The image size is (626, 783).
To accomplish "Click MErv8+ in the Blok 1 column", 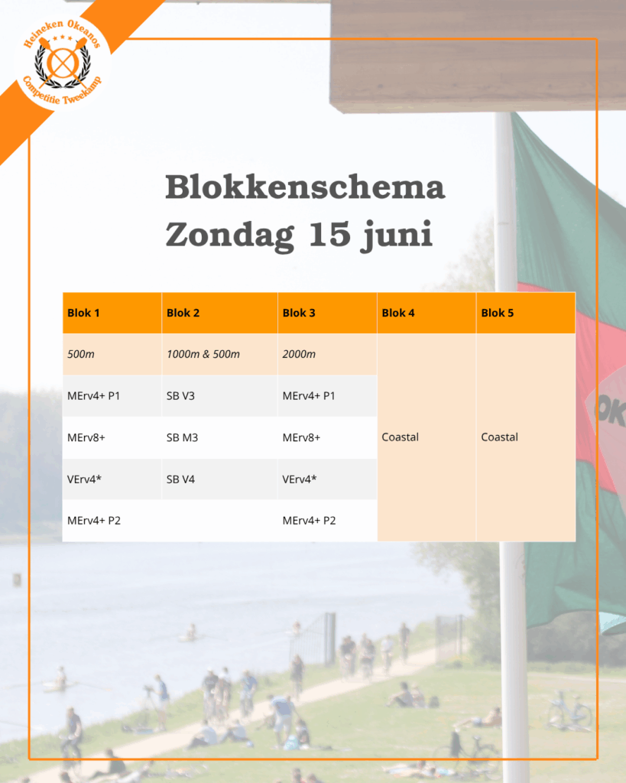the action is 86,438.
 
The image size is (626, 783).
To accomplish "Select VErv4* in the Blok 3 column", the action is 300,479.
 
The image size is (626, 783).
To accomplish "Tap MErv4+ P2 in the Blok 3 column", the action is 309,521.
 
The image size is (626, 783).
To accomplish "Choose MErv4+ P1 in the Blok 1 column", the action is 93,396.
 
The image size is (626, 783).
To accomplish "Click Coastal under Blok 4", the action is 400,437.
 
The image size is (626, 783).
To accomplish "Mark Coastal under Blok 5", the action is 499,437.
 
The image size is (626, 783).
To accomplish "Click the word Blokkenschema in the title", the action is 305,187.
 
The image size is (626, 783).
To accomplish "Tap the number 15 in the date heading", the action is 329,234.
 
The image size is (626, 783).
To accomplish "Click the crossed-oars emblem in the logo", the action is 63,63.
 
